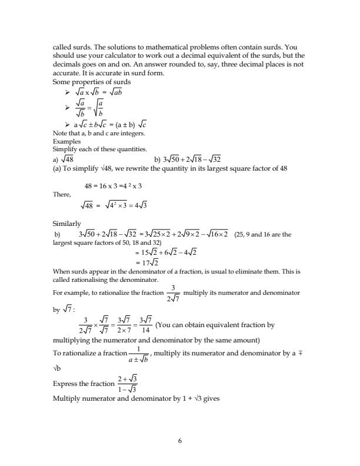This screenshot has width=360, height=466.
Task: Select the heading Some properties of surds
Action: tap(91, 81)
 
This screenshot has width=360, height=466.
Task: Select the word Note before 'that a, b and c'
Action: tap(59, 134)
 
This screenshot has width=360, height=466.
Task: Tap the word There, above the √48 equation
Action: tap(61, 194)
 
